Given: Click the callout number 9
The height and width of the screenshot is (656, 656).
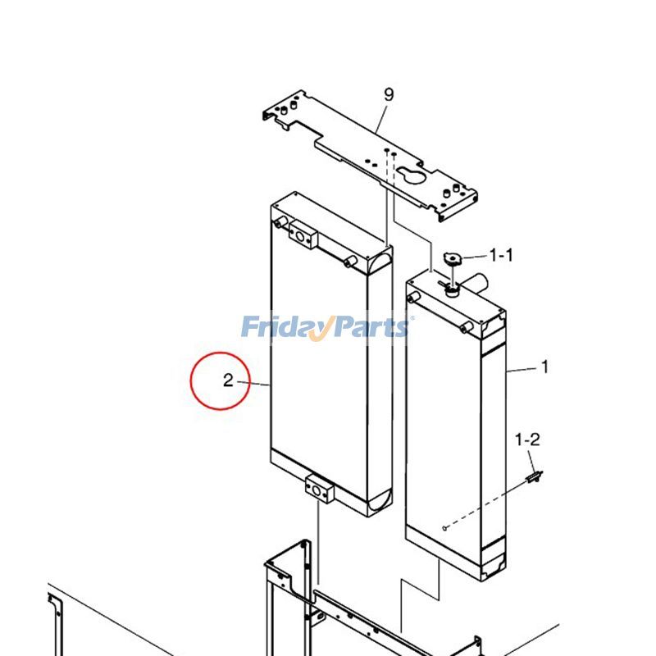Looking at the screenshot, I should pyautogui.click(x=388, y=95).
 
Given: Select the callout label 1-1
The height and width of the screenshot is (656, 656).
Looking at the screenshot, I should pyautogui.click(x=501, y=256).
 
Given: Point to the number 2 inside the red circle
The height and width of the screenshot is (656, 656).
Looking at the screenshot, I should pyautogui.click(x=229, y=380).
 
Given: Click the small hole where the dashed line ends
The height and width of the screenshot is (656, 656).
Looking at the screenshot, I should pyautogui.click(x=443, y=529).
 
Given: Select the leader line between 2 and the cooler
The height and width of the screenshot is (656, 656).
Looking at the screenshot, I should pyautogui.click(x=254, y=384).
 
